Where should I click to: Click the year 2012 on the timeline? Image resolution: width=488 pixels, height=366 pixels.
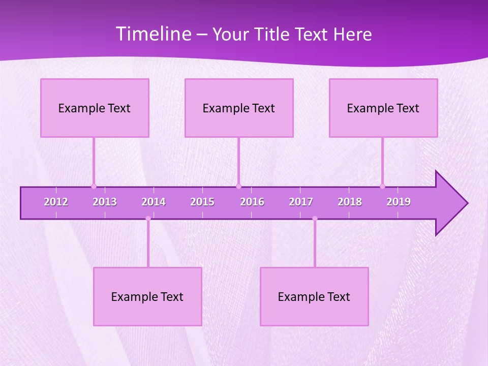tap(56, 202)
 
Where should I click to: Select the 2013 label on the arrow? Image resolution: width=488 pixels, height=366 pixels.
tap(105, 202)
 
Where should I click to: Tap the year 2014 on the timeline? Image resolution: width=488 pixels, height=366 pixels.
tap(154, 202)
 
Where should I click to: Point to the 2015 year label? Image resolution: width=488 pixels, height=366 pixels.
tap(202, 202)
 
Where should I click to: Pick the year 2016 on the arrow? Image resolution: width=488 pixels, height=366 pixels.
tap(252, 202)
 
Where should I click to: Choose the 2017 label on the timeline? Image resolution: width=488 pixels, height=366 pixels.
tap(301, 202)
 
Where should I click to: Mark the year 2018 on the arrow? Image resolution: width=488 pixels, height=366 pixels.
tap(350, 202)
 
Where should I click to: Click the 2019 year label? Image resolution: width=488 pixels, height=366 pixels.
tap(399, 202)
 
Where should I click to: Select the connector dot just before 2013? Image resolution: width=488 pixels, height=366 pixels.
tap(94, 186)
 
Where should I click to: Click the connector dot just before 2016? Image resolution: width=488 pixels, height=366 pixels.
tap(238, 186)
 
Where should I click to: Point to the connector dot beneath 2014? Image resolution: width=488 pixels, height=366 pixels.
tap(148, 219)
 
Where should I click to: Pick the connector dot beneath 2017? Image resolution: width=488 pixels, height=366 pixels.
tap(315, 219)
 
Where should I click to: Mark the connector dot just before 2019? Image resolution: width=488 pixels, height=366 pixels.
tap(382, 186)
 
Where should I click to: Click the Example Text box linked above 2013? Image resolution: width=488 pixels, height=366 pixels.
tap(95, 108)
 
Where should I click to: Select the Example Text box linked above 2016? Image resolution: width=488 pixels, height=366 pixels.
tap(239, 108)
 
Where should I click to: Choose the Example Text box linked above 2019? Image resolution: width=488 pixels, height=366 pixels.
tap(383, 108)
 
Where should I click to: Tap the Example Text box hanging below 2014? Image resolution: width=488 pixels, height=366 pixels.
tap(147, 297)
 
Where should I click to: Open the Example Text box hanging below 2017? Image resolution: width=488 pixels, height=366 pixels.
tap(314, 297)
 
